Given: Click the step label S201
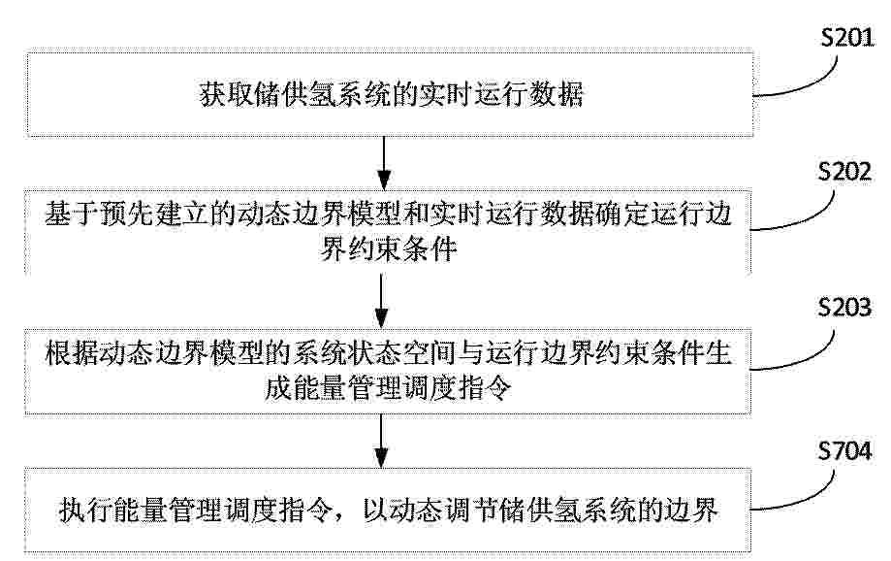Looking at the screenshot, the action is (847, 37).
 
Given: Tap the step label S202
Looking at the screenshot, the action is (844, 171).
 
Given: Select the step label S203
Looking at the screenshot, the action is (844, 308).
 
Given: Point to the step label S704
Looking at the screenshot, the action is (844, 450).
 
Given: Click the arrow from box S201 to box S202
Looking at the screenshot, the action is (385, 163).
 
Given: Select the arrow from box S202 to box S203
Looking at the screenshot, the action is (382, 301).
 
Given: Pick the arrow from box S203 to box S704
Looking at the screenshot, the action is (382, 441).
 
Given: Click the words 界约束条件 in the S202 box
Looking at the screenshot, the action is (389, 248).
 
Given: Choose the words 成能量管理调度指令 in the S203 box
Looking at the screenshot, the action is (389, 388).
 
